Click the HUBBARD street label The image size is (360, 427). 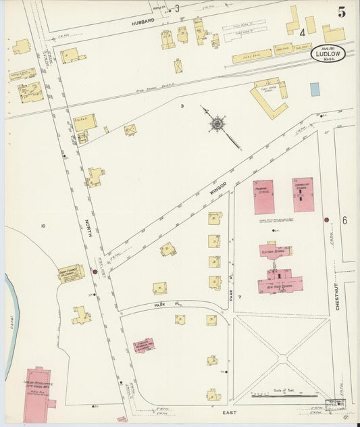pyautogui.click(x=143, y=21)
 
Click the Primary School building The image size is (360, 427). pyautogui.click(x=263, y=197)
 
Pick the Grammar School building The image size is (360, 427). pyautogui.click(x=303, y=195)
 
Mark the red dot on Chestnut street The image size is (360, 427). pyautogui.click(x=326, y=220)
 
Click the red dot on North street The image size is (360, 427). pyautogui.click(x=95, y=272)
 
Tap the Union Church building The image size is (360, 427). pyautogui.click(x=70, y=272)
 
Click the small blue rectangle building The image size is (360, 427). pyautogui.click(x=315, y=89)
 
